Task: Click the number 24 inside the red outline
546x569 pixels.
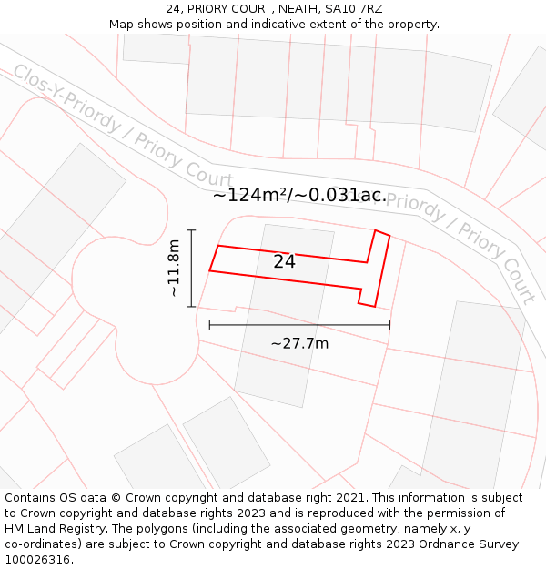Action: point(285,261)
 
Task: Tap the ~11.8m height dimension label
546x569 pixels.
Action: point(174,269)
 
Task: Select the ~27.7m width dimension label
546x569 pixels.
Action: point(299,343)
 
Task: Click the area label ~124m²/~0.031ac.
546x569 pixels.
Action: point(299,195)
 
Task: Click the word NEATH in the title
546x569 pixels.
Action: point(298,9)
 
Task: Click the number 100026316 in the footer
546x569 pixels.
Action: point(37,560)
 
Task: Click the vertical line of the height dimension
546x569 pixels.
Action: point(191,269)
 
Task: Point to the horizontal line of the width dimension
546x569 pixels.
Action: point(299,324)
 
